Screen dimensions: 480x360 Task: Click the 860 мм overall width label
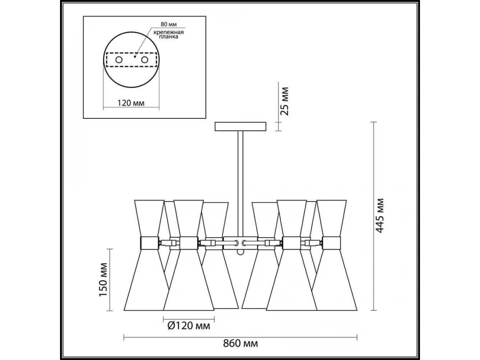pyautogui.click(x=240, y=350)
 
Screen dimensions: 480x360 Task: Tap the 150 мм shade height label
pyautogui.click(x=103, y=280)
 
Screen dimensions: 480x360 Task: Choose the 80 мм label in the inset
pyautogui.click(x=169, y=24)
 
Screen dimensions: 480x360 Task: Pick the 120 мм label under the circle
pyautogui.click(x=131, y=103)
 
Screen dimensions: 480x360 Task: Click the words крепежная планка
pyautogui.click(x=168, y=34)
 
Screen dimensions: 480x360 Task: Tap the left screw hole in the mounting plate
pyautogui.click(x=119, y=60)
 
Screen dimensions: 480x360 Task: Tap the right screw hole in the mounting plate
pyautogui.click(x=144, y=60)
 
